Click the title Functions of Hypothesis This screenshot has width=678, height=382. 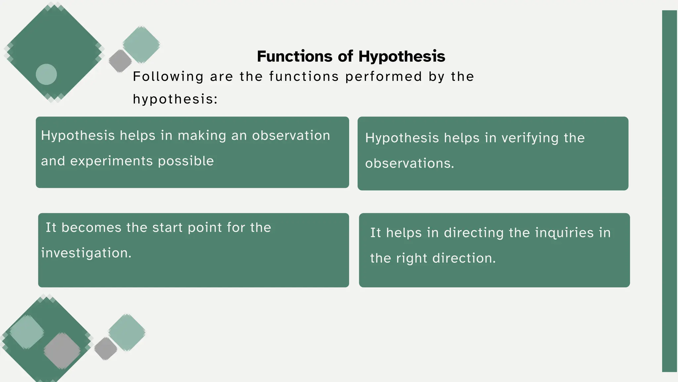(x=351, y=56)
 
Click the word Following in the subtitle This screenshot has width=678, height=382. (x=168, y=77)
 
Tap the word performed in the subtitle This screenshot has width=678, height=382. (x=384, y=77)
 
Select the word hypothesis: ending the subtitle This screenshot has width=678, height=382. (x=175, y=99)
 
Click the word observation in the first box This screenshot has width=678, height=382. (x=291, y=135)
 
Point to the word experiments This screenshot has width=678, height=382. (x=111, y=161)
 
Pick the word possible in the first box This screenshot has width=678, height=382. (x=186, y=161)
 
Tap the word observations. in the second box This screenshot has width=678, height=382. (x=410, y=163)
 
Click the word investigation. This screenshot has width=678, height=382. (x=86, y=253)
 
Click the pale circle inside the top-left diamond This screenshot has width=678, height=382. (x=46, y=74)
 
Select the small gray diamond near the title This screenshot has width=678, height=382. (x=120, y=61)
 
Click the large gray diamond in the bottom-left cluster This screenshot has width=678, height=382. (x=62, y=351)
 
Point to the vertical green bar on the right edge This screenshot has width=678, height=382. (x=669, y=191)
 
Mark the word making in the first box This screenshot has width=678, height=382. (x=202, y=135)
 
